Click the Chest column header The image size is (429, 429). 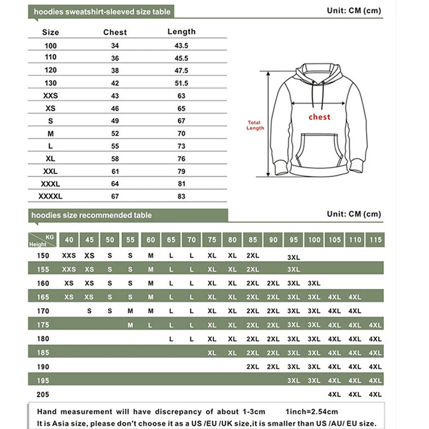115,32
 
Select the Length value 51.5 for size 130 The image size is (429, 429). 181,83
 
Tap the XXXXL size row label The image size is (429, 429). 51,196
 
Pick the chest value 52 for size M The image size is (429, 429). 115,134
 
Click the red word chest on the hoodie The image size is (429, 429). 320,117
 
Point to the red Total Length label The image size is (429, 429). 255,125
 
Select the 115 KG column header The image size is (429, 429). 375,239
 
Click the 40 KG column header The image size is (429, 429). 69,239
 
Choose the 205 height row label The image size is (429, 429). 43,395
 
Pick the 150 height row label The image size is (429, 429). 43,256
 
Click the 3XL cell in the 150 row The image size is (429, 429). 293,257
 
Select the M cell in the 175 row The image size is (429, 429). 130,325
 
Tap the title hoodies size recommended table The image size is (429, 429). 91,215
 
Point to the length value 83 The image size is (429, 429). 181,196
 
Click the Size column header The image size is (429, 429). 51,32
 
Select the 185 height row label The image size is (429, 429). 43,353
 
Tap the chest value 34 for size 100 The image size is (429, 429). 115,45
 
